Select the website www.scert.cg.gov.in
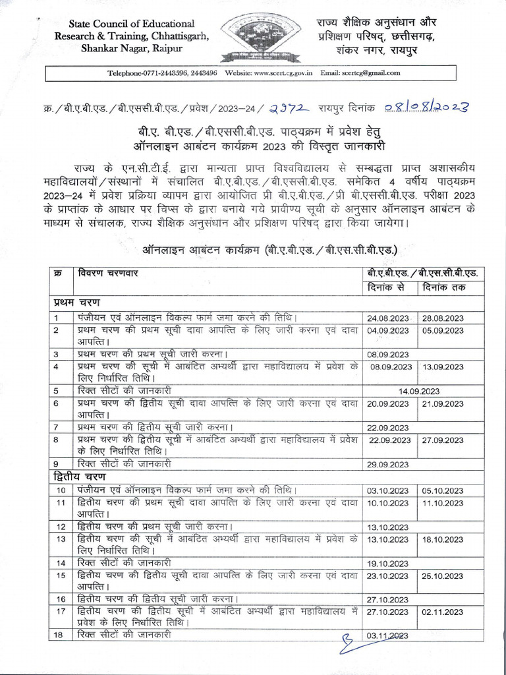(269, 74)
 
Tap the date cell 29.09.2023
(391, 464)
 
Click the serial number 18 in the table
(60, 634)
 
